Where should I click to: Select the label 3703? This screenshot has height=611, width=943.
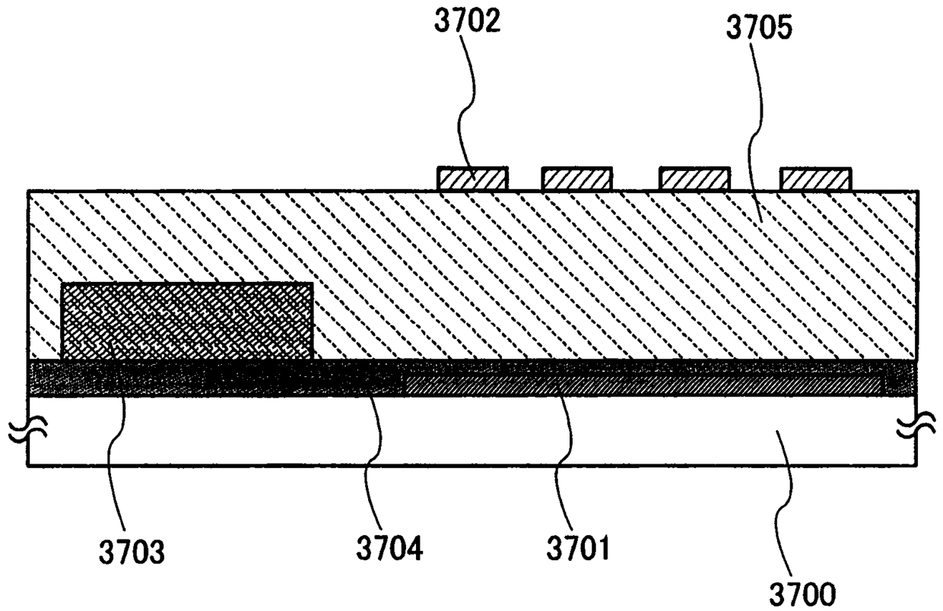(130, 552)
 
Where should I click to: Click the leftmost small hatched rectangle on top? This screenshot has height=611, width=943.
(472, 179)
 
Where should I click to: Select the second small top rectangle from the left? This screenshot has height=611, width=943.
(576, 179)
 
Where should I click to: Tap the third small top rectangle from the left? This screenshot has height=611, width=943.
(694, 179)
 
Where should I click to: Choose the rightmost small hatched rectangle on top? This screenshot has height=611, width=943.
(815, 179)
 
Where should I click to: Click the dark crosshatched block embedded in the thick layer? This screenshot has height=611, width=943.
(186, 321)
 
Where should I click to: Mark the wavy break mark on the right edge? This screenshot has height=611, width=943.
(916, 429)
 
